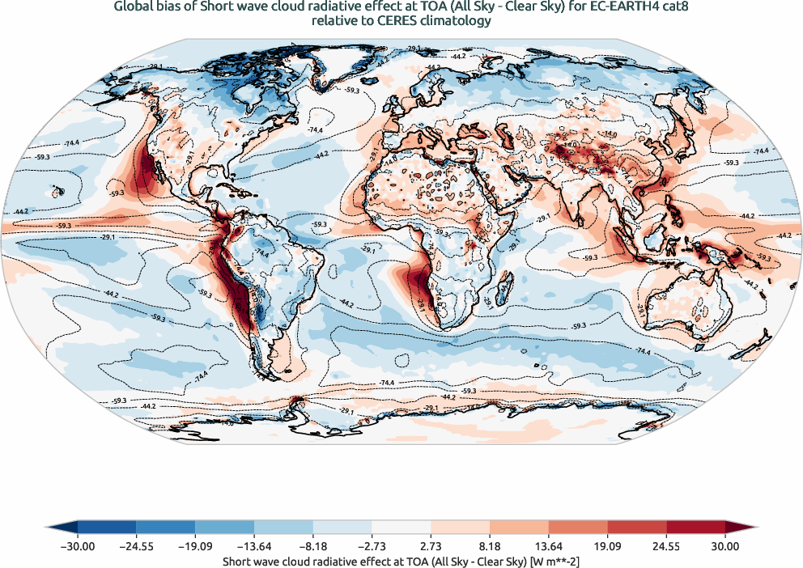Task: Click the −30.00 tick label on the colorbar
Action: coord(78,547)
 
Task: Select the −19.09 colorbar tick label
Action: coord(195,547)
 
